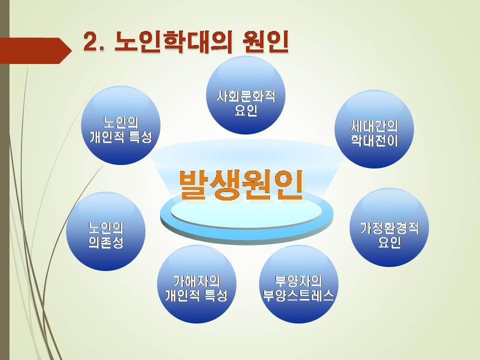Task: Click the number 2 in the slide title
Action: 90,41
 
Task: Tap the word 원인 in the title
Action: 265,41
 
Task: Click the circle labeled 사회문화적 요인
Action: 246,94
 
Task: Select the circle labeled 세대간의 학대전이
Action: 374,128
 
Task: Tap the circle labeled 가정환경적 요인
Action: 389,227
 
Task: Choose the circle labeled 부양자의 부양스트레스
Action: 298,284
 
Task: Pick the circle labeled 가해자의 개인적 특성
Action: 196,284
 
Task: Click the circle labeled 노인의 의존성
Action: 105,231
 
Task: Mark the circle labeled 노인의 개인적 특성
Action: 120,125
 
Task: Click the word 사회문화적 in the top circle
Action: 246,96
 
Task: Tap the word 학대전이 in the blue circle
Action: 374,140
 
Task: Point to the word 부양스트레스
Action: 298,295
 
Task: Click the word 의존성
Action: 106,242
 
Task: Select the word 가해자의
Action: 196,280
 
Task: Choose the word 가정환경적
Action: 389,228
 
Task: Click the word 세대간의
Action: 374,126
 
